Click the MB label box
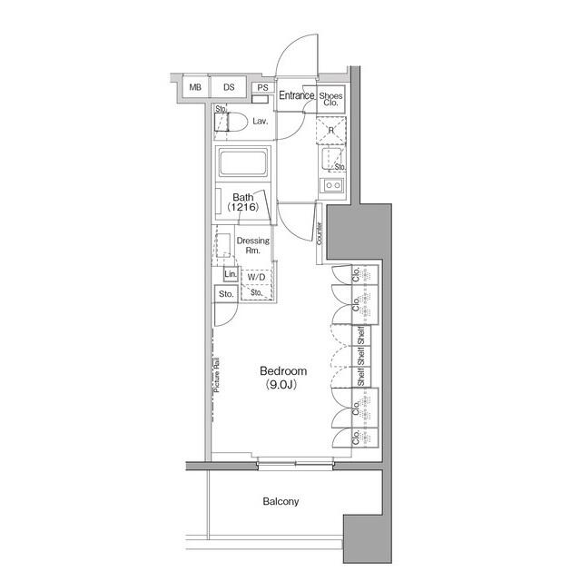(x=195, y=87)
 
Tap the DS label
(x=229, y=87)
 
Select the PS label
(x=261, y=88)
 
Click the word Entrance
(x=296, y=95)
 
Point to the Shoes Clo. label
(x=330, y=98)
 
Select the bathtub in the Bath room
(x=241, y=167)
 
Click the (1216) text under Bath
(x=242, y=208)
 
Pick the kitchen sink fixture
(x=331, y=187)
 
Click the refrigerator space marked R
(x=332, y=131)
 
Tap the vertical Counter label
(x=320, y=232)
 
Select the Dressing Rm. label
(x=251, y=245)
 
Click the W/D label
(x=255, y=278)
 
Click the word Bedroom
(x=283, y=371)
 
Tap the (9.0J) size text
(x=283, y=385)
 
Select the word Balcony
(x=281, y=501)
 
